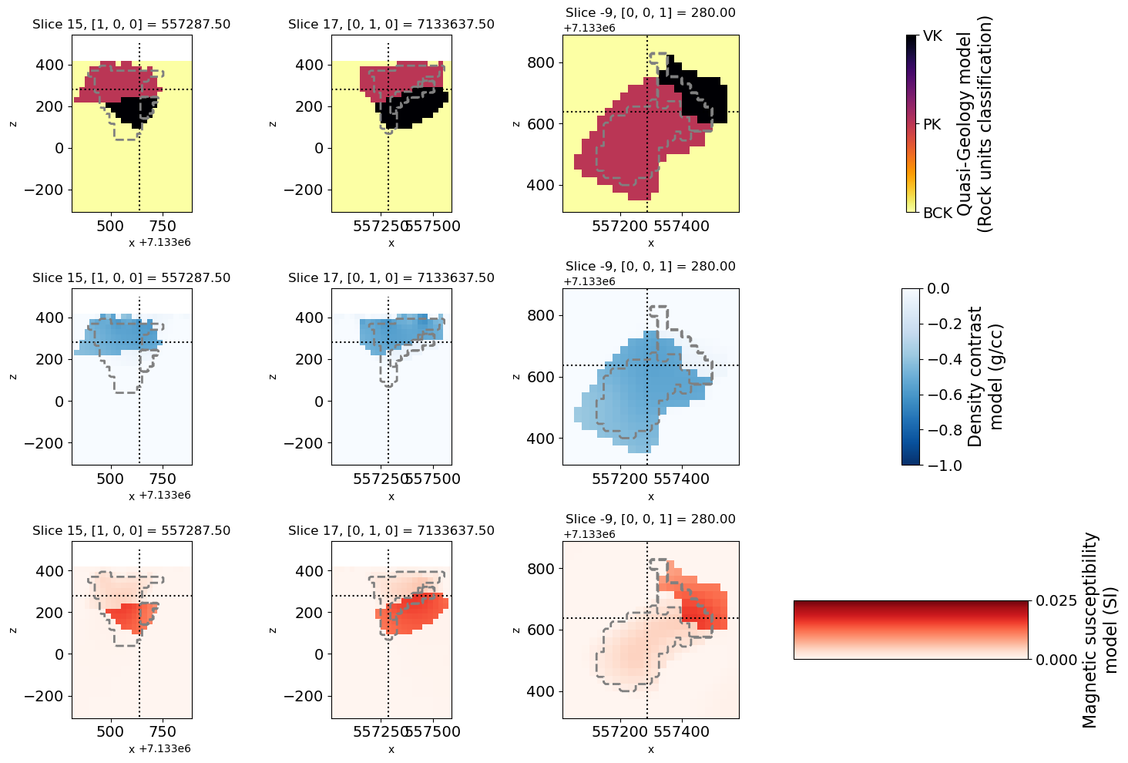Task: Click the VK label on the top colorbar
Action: (x=932, y=36)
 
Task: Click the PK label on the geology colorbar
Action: (x=932, y=124)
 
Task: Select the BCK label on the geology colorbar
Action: (x=938, y=213)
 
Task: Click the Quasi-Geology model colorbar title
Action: (x=974, y=123)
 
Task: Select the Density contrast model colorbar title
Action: (x=985, y=376)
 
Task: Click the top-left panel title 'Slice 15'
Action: (x=131, y=25)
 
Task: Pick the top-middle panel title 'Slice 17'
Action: (x=391, y=25)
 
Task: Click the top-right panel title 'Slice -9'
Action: (x=650, y=13)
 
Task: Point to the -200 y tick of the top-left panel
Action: (x=49, y=190)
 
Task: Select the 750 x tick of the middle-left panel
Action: (x=163, y=479)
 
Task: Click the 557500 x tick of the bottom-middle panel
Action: (x=433, y=731)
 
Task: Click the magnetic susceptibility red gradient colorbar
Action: (x=911, y=630)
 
